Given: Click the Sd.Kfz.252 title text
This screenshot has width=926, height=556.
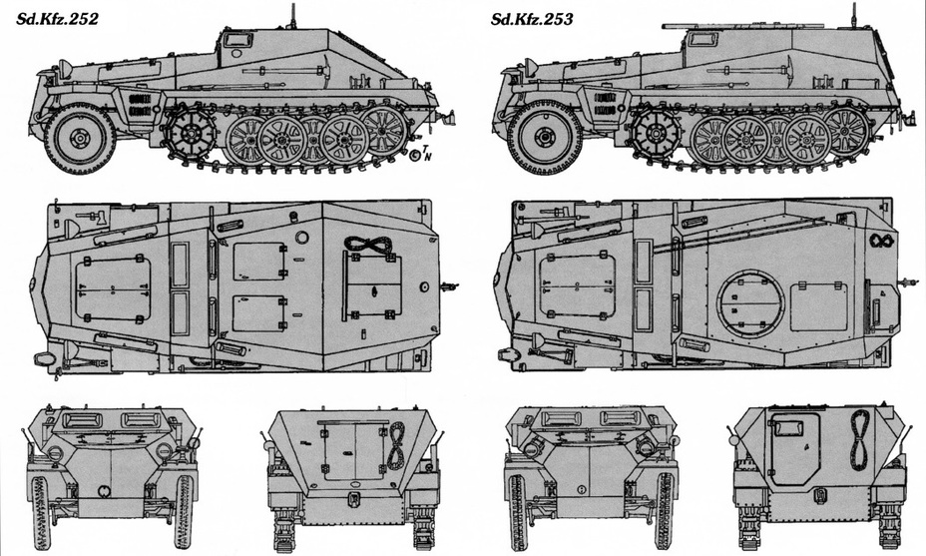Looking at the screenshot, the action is click(x=57, y=19).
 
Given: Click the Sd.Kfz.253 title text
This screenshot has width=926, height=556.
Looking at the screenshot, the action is click(x=532, y=20).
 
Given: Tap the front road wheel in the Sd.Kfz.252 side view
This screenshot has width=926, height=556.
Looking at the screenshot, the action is click(x=79, y=139).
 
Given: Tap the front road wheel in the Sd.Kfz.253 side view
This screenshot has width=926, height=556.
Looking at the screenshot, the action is click(x=542, y=138).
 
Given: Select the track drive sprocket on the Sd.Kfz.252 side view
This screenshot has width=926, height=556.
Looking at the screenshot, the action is click(x=191, y=133).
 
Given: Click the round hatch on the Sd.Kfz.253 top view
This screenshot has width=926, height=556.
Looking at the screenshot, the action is click(x=750, y=302).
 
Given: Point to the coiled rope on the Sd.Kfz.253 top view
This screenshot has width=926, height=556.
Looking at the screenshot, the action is click(x=882, y=241).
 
